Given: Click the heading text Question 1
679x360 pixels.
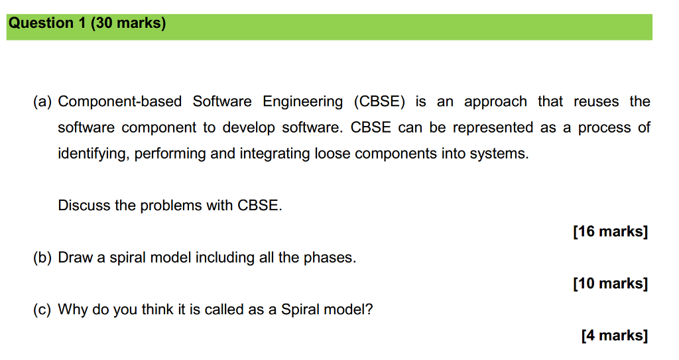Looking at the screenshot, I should (x=47, y=23).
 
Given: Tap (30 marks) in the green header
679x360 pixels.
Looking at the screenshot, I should (x=128, y=23).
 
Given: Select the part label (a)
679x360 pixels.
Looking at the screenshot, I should (x=43, y=101).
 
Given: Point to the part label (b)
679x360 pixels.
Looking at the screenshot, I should (x=43, y=257).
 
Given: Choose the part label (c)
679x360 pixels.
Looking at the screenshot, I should (x=43, y=310).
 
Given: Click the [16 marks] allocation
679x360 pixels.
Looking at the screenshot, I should (x=610, y=231).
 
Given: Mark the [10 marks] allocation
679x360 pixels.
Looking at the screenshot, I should (x=610, y=284).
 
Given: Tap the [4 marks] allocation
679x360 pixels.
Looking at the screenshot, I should (x=614, y=335).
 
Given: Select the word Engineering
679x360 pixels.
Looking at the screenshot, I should (x=303, y=101).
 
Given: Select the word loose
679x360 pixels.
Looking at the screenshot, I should (x=333, y=154).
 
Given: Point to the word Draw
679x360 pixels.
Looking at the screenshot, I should (x=76, y=257).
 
